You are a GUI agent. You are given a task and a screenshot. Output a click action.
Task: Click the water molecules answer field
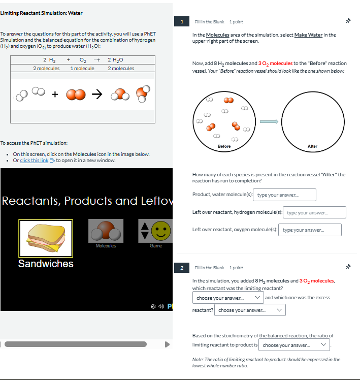(284, 195)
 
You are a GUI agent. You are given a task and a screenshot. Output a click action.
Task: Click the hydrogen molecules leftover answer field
(314, 212)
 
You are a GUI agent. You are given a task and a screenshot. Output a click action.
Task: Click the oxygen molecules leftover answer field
(310, 230)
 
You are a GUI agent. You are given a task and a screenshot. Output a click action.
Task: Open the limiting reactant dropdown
(228, 298)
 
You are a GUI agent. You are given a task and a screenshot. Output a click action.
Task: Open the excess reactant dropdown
(250, 310)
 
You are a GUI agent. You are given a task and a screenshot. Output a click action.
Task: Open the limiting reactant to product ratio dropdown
(294, 345)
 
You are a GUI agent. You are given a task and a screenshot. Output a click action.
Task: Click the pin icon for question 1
(348, 21)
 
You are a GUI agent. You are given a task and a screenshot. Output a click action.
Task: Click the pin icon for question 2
(348, 267)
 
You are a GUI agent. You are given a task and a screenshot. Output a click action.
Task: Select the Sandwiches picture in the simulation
(46, 238)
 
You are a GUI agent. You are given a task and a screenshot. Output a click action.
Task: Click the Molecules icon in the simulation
(106, 231)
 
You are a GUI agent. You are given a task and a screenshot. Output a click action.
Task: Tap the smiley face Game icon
(161, 231)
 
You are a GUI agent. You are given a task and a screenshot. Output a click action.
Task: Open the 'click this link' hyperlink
(34, 161)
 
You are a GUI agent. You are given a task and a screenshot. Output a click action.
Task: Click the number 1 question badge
(182, 22)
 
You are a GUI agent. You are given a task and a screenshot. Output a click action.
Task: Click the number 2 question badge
(182, 268)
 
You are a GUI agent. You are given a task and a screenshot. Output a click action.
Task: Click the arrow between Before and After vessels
(269, 121)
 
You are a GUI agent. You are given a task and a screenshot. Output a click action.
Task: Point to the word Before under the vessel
(224, 146)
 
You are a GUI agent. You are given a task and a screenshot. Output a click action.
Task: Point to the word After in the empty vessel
(312, 146)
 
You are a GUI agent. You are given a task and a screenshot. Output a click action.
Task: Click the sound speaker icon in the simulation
(161, 306)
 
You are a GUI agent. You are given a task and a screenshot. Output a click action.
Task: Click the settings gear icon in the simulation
(153, 306)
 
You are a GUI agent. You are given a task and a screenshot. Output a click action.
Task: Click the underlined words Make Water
(308, 35)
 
